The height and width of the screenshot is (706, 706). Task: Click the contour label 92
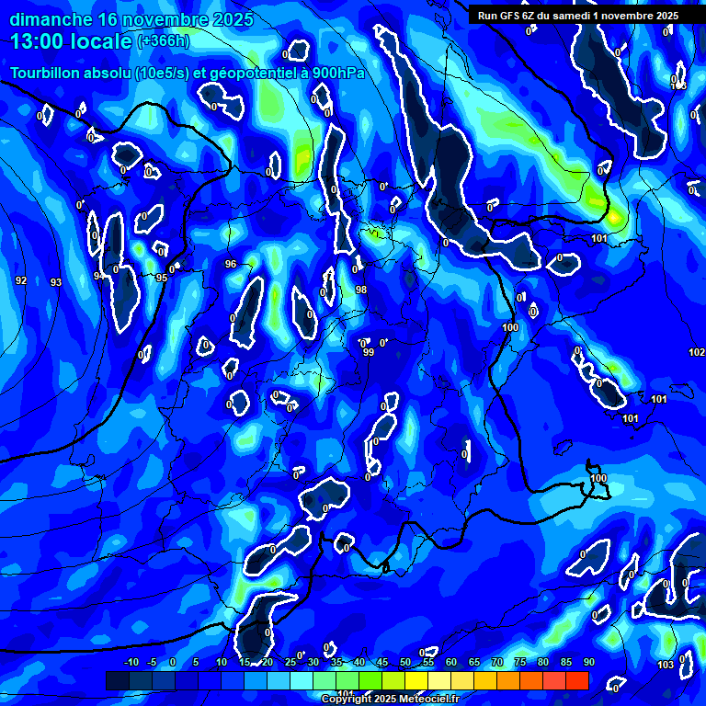21,279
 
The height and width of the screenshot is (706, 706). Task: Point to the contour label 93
55,282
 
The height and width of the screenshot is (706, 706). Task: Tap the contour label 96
231,264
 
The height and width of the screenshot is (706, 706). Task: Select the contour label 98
361,290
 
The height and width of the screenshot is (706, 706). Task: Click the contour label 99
369,352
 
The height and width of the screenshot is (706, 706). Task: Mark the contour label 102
696,352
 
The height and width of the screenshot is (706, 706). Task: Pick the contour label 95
162,278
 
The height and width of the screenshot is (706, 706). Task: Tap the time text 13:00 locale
71,41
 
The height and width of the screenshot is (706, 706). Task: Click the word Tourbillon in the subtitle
46,73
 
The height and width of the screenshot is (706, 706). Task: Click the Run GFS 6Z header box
577,16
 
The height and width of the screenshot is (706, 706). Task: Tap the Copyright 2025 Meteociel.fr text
390,699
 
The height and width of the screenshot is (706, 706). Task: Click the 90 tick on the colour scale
588,662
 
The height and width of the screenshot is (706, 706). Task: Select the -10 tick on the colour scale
131,662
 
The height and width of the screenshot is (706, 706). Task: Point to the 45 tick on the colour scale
382,662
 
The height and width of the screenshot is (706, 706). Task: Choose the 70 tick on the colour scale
497,662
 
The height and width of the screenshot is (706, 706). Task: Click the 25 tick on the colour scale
290,662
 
